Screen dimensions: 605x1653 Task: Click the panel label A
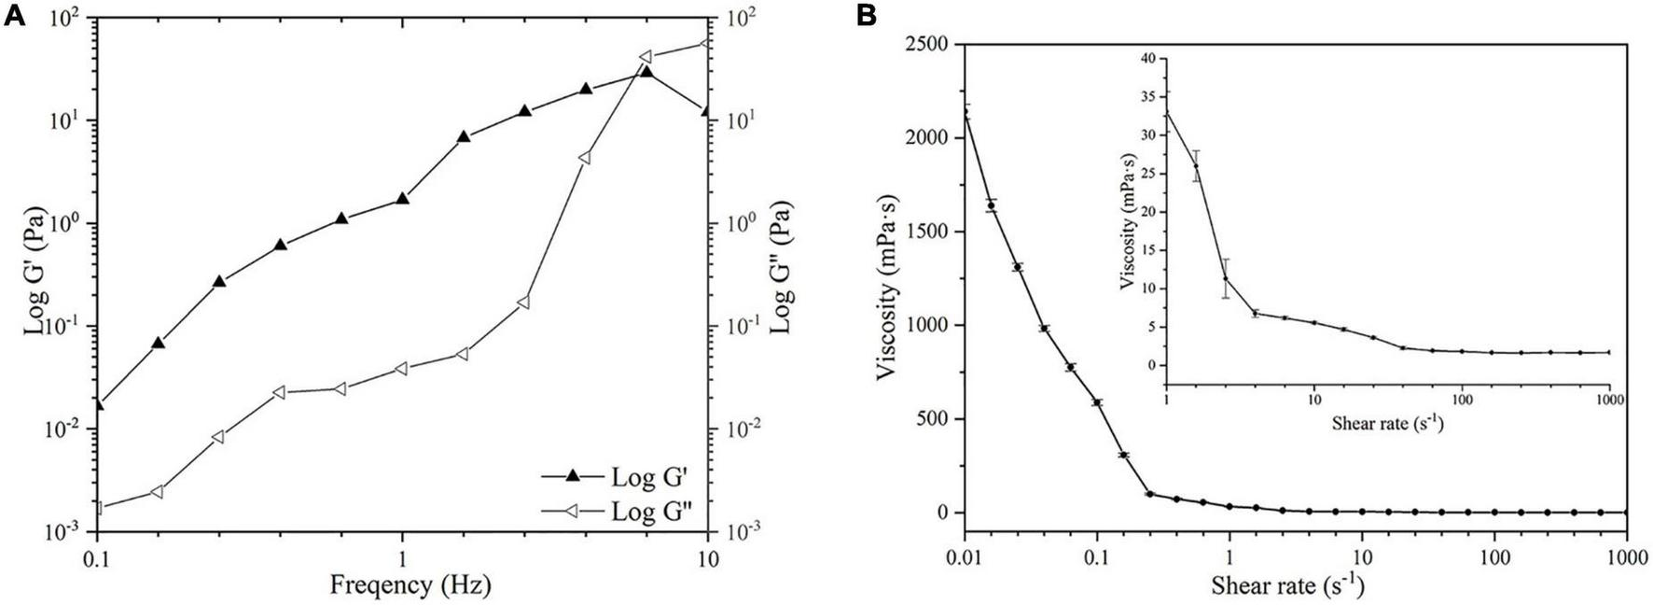(15, 16)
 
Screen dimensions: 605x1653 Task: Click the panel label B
(866, 16)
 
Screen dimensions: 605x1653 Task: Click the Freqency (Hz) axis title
(410, 585)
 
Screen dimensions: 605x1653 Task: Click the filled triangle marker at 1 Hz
(403, 198)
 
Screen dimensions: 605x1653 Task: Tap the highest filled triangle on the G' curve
(646, 71)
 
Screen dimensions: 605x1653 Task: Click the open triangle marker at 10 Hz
(705, 43)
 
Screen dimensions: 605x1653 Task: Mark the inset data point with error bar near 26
(1196, 166)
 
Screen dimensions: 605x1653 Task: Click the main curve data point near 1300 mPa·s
(1017, 267)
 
